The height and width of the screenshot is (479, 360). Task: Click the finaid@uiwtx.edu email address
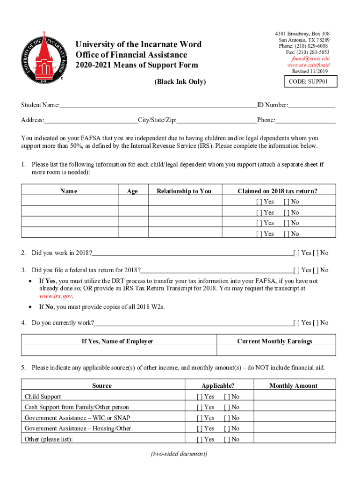click(x=310, y=59)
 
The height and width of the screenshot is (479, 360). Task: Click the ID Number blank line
click(x=312, y=105)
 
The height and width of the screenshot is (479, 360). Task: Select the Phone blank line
click(x=305, y=120)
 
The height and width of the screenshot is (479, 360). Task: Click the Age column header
click(x=132, y=191)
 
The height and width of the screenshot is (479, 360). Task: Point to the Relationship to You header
click(x=184, y=191)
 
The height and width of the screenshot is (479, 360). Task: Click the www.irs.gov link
click(x=56, y=296)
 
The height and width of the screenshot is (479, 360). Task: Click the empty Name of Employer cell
click(x=119, y=351)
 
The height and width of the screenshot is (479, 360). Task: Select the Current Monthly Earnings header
click(x=274, y=341)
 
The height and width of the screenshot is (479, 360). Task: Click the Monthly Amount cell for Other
click(x=294, y=439)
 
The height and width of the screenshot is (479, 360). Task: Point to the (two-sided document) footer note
click(x=180, y=454)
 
